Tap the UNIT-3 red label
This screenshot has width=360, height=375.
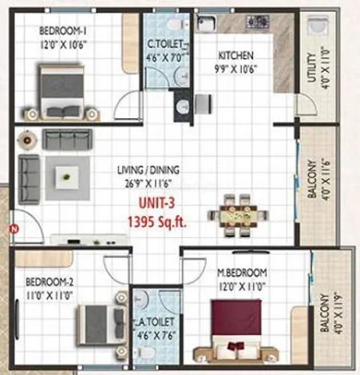(156, 203)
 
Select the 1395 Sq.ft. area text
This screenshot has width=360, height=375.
(157, 221)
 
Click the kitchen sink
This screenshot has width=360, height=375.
(206, 23)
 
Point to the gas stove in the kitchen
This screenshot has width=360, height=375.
(258, 22)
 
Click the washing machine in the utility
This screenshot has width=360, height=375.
(318, 26)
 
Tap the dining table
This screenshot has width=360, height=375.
(239, 215)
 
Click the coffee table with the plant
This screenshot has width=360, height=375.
(67, 177)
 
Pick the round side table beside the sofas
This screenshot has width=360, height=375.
(27, 140)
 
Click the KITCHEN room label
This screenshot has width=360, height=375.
(235, 56)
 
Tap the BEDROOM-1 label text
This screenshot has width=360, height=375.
(63, 31)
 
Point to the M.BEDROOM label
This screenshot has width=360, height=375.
(242, 273)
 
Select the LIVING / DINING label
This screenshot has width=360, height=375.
(148, 170)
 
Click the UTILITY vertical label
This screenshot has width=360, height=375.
(311, 68)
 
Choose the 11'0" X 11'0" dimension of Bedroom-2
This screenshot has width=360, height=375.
(49, 295)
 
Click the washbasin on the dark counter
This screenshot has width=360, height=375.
(183, 106)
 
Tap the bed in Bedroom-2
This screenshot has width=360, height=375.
(101, 325)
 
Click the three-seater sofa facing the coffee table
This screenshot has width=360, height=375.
(67, 139)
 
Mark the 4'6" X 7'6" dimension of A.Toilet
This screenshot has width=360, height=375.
(156, 335)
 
